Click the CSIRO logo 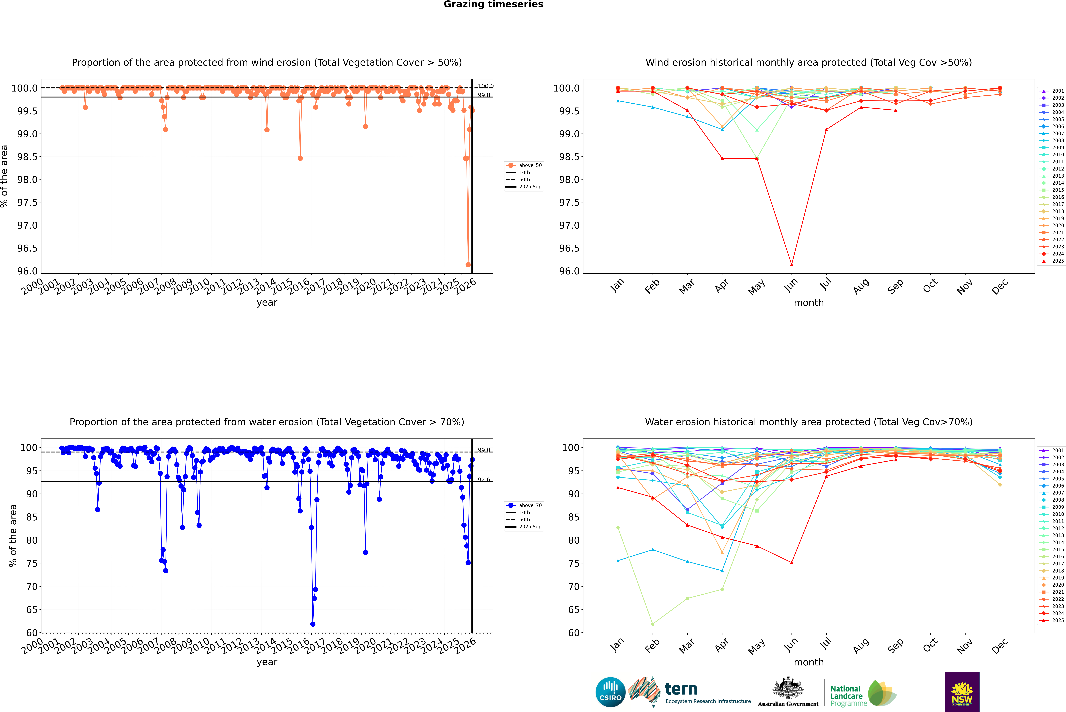pos(610,692)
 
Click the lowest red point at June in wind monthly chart pos(792,265)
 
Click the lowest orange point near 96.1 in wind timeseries pos(468,265)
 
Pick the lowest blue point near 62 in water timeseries pos(313,624)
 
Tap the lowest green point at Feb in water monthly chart pos(652,624)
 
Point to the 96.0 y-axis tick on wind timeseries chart pos(27,271)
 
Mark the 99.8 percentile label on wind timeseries pos(484,95)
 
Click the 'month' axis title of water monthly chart pos(808,662)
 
